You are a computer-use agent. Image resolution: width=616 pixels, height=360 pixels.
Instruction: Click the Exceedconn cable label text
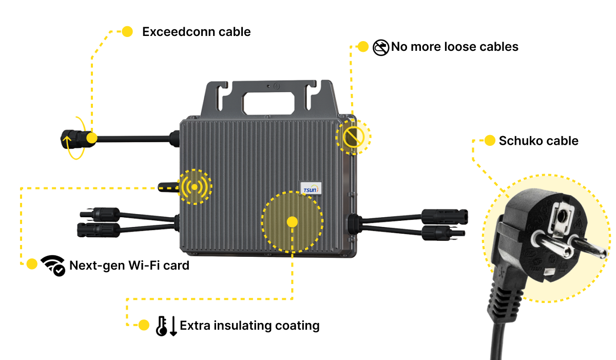pos(196,32)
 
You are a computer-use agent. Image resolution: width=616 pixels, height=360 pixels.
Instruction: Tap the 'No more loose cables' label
pos(454,47)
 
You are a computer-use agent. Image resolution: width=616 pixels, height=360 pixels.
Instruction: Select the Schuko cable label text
pos(538,141)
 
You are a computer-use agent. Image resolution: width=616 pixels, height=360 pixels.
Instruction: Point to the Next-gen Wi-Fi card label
pos(129,266)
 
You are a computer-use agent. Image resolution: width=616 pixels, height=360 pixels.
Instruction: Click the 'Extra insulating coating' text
pos(249,326)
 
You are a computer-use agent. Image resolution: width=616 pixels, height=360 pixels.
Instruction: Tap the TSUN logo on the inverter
pos(311,188)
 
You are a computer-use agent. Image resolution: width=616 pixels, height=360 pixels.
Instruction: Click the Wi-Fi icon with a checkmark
pos(52,265)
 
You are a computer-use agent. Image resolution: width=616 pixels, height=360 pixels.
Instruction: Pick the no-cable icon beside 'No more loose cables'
pos(380,48)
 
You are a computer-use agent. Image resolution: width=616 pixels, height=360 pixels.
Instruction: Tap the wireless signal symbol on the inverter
pos(195,186)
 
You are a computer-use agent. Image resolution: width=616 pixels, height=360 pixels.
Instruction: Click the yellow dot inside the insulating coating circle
pos(292,222)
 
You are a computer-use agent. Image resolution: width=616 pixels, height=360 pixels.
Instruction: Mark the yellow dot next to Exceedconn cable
pos(127,32)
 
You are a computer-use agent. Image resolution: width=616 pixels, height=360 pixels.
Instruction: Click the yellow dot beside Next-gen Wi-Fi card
pos(32,264)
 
